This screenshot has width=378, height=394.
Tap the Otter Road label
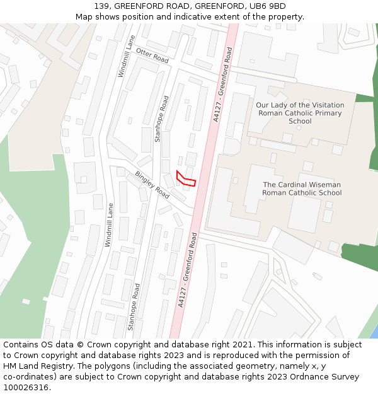152,55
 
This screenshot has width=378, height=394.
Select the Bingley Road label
152,185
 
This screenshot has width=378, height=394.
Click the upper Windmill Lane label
126,56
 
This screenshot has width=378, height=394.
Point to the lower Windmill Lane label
109,224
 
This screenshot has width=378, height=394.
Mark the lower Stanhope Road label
134,306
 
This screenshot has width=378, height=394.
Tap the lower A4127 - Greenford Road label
187,270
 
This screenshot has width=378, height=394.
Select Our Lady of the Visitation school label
300,113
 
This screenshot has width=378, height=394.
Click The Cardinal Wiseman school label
302,188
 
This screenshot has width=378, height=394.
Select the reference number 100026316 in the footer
26,388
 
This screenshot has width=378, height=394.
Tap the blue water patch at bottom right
374,333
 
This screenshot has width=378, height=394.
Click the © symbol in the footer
97,345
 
